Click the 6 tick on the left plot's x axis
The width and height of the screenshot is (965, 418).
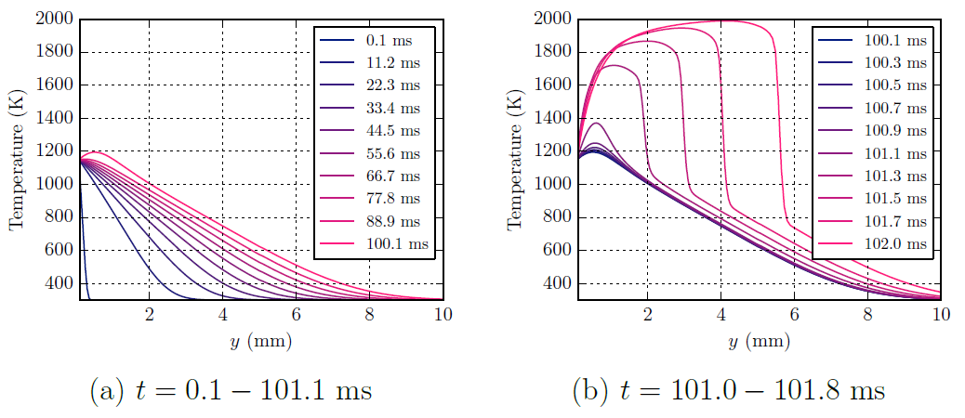click(296, 315)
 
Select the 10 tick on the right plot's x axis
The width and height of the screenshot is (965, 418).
click(940, 315)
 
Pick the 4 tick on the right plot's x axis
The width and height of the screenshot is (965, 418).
click(721, 315)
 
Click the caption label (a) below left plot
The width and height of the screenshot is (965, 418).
click(105, 391)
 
